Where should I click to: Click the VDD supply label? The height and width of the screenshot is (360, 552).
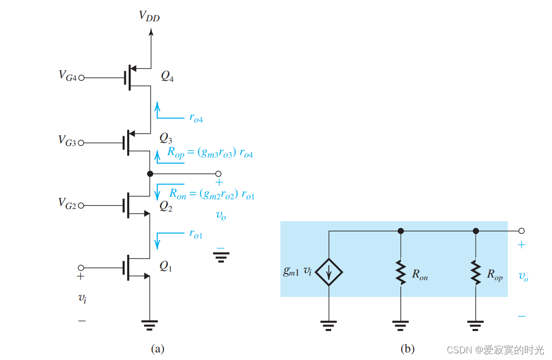[x=150, y=16]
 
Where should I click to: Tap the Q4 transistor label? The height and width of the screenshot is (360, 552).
[x=167, y=76]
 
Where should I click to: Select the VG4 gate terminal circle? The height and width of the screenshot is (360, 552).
[x=81, y=78]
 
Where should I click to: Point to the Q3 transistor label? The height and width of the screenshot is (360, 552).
[x=166, y=138]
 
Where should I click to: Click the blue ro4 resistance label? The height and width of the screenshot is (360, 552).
[x=196, y=118]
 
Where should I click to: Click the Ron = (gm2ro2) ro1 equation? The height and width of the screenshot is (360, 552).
[x=212, y=193]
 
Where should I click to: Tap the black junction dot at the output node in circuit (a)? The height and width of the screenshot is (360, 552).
[x=150, y=174]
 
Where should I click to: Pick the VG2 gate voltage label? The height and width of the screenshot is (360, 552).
[x=67, y=205]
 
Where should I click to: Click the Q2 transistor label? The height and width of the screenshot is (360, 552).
[x=166, y=206]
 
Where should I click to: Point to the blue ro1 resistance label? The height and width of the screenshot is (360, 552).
[x=196, y=234]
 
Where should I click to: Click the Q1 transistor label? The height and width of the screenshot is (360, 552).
[x=166, y=265]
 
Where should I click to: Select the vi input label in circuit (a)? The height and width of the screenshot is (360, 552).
[x=81, y=298]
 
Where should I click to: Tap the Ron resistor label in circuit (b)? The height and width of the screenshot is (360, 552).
[x=419, y=275]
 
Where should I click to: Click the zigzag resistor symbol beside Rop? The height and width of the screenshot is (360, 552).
[x=475, y=273]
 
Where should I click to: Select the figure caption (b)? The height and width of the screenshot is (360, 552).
[x=408, y=349]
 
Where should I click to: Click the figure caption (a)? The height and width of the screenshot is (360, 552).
[x=158, y=349]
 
